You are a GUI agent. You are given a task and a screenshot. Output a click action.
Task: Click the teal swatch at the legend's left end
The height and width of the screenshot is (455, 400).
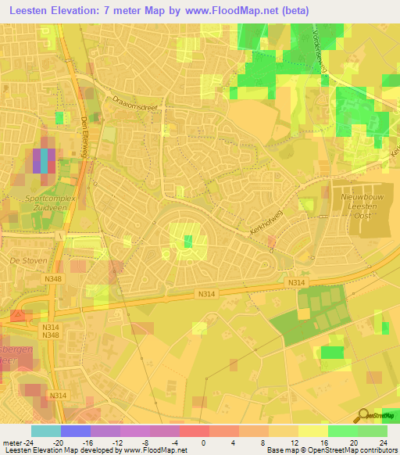tap(45, 431)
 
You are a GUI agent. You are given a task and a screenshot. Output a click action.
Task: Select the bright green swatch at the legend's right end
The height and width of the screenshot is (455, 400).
tap(372, 431)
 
